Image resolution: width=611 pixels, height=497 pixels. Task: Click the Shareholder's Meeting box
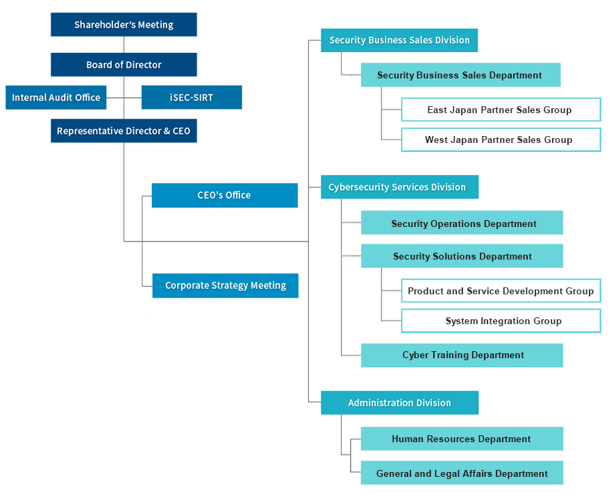coord(124,24)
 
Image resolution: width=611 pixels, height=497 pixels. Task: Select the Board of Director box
coord(124,65)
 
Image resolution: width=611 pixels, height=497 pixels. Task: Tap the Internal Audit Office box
coord(56,97)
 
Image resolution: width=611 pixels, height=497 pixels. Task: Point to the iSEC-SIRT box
coord(192,97)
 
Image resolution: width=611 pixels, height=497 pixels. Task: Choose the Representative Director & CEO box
coord(124,131)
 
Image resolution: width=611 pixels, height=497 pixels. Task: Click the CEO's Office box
coord(225,195)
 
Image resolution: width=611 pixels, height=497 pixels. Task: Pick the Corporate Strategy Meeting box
coord(225,285)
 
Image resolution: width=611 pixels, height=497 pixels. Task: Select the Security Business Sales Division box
coord(399,40)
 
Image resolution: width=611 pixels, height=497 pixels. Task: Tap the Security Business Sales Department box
coord(460,75)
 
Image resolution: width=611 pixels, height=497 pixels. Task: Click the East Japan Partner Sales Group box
coord(501,110)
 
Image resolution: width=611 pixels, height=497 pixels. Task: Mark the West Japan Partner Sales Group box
coord(501,140)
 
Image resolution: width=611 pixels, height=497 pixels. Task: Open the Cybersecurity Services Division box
coord(400,187)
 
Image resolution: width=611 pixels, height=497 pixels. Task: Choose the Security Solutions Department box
coord(462,256)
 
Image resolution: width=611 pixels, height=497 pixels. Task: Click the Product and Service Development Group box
coord(501,291)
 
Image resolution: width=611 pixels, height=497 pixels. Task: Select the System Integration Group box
coord(501,321)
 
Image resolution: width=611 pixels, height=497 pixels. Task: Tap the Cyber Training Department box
coord(462,355)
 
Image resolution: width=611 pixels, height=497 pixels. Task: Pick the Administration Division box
coord(400,403)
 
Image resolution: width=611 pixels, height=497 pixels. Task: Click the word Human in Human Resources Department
coord(408,439)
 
